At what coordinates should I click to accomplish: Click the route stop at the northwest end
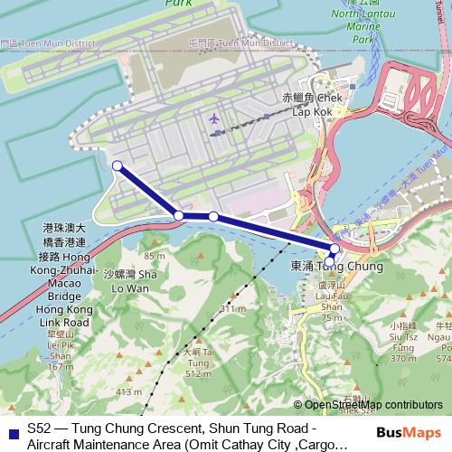(x=117, y=165)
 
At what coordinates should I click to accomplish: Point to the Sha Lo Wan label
(x=132, y=279)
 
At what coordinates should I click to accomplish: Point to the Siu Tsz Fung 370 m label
(x=401, y=340)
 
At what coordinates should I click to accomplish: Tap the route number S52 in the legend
(x=39, y=427)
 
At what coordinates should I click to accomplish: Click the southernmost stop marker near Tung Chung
(x=329, y=261)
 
